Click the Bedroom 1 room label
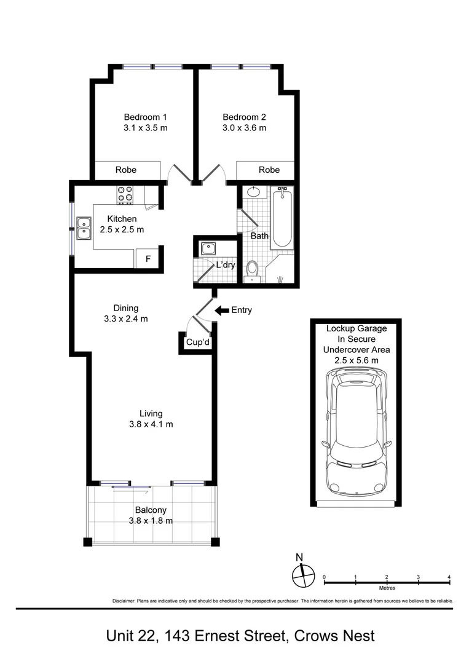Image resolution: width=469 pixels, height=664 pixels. coord(145,117)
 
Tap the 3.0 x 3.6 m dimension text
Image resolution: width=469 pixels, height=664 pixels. coord(244,128)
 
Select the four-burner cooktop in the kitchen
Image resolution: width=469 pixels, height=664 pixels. coord(125,194)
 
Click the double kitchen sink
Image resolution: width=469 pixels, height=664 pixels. coord(84,228)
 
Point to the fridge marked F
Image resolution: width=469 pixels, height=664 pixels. coord(148,258)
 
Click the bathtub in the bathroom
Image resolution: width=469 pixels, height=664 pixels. coord(282,218)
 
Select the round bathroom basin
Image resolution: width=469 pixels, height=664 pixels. coord(254,192)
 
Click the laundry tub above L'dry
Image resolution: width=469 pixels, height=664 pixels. coord(208,248)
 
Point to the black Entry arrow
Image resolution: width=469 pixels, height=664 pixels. coord(221,310)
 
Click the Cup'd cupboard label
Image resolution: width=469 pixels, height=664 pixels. coord(198,342)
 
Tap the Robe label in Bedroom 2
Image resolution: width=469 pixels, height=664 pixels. coord(269,170)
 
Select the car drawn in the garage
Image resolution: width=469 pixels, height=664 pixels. coord(357,433)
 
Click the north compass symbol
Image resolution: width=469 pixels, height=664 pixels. coord(304,575)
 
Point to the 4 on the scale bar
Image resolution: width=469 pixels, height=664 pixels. coord(449,577)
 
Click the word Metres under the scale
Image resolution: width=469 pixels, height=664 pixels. coord(387,588)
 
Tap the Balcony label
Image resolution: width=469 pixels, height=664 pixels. coord(151,510)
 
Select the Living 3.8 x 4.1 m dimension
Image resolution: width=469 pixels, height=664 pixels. coord(151,424)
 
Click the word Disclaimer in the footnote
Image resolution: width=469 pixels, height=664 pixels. coord(123,601)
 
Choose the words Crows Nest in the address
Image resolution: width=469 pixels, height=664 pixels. coord(334,636)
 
